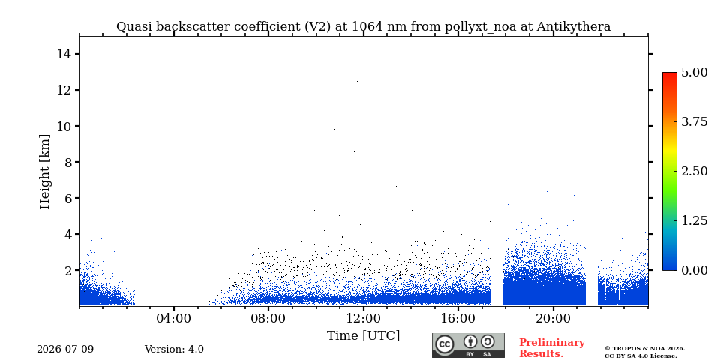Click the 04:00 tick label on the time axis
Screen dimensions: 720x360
pyautogui.click(x=174, y=318)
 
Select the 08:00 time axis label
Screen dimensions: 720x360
pyautogui.click(x=268, y=318)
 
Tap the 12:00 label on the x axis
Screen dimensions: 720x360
pyautogui.click(x=363, y=318)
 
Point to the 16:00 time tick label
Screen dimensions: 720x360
pyautogui.click(x=457, y=318)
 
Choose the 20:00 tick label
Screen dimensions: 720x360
pyautogui.click(x=553, y=318)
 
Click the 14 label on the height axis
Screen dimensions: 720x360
pyautogui.click(x=63, y=54)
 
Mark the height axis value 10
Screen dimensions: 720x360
pyautogui.click(x=63, y=126)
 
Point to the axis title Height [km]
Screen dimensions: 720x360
pyautogui.click(x=44, y=172)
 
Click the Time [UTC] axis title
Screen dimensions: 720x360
pyautogui.click(x=363, y=336)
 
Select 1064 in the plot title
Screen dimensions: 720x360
pyautogui.click(x=366, y=27)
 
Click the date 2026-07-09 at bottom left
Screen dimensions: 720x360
pyautogui.click(x=65, y=349)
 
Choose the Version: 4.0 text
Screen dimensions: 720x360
pyautogui.click(x=174, y=349)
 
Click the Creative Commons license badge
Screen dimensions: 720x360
pyautogui.click(x=468, y=345)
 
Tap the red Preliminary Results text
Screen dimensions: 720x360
pyautogui.click(x=552, y=348)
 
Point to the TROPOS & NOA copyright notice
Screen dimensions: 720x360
pyautogui.click(x=644, y=352)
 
